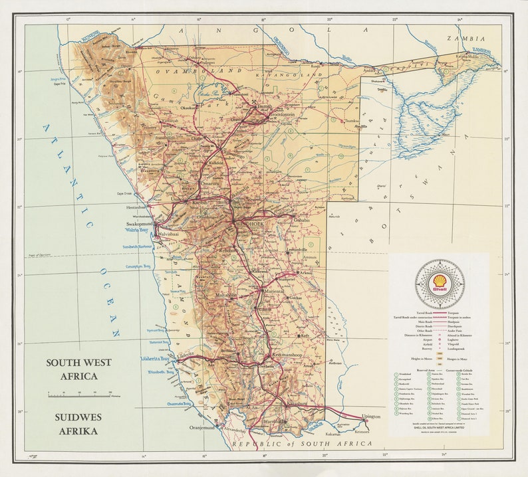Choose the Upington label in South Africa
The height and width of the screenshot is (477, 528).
371,417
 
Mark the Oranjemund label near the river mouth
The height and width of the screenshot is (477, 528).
207,427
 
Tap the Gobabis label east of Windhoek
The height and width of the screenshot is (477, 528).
301,220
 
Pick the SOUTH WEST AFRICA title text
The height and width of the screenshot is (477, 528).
78,369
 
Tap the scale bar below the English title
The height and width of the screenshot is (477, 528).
78,395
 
